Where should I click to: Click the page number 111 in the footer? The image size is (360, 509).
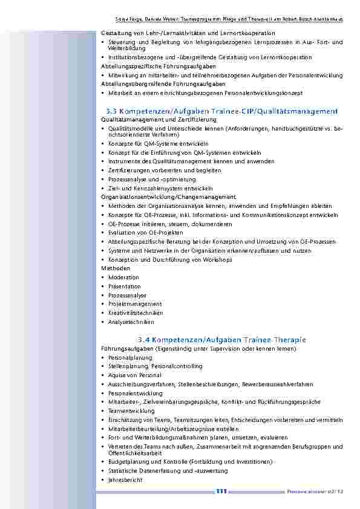(221, 491)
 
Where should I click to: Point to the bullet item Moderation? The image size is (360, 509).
(123, 277)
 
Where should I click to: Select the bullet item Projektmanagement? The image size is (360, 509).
(135, 304)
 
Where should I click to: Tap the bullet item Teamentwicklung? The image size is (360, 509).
(131, 410)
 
